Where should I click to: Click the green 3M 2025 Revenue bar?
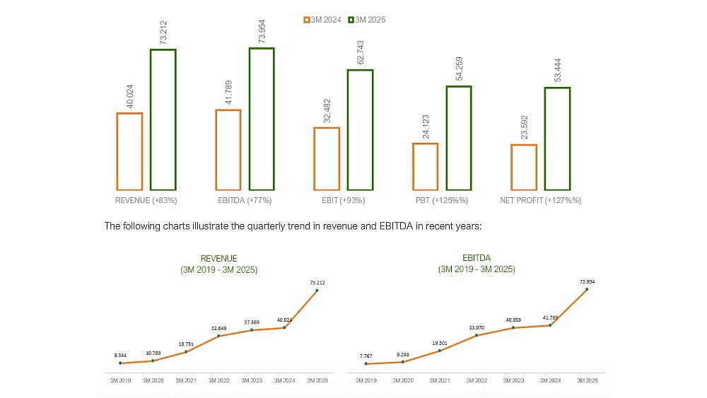pos(163,119)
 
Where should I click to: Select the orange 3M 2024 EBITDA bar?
pos(228,150)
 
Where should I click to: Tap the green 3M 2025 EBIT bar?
pos(360,130)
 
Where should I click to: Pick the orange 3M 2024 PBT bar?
pos(425,167)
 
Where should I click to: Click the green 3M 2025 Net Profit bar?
pos(557,139)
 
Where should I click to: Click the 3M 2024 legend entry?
pos(322,20)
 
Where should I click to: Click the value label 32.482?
pos(326,112)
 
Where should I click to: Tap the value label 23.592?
pos(524,129)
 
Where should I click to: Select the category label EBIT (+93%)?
pos(343,201)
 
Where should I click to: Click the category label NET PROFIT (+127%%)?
pos(541,201)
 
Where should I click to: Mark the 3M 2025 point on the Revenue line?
pos(317,290)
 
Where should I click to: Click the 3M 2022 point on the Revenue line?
pos(218,336)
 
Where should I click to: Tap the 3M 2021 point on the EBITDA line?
pos(440,351)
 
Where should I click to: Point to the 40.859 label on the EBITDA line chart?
pos(513,320)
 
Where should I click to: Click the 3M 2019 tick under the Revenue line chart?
pos(120,380)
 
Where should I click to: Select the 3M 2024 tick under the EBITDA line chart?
pos(550,380)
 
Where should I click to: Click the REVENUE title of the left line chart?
pos(218,259)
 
